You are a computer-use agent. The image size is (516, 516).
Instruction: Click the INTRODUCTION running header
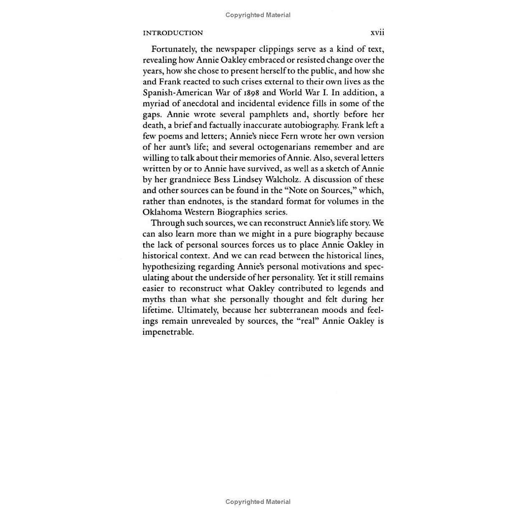[173, 33]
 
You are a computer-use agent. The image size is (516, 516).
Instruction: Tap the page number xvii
[377, 33]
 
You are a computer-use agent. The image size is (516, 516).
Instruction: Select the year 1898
[250, 93]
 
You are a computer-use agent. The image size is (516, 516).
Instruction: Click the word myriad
[155, 104]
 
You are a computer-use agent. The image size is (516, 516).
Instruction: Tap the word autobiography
[310, 125]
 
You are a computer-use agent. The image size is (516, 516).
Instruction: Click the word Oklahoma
[161, 212]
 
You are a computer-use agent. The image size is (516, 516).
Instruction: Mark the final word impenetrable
[168, 332]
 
